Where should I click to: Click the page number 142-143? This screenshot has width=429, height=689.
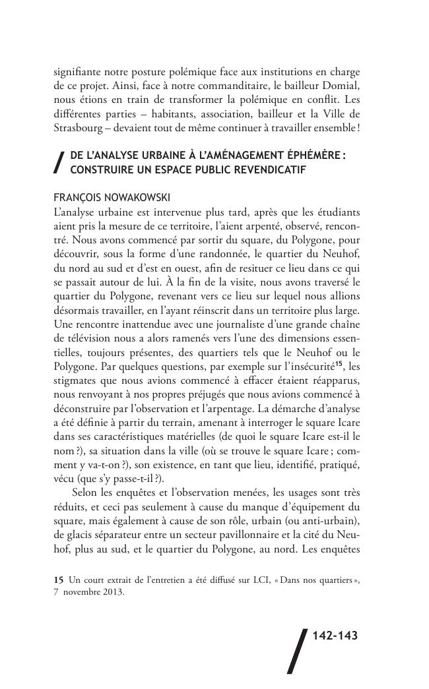[334, 636]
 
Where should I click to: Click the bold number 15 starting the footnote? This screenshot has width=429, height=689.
[57, 580]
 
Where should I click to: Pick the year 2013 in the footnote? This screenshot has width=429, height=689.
[113, 591]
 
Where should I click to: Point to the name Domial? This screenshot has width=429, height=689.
[340, 85]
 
